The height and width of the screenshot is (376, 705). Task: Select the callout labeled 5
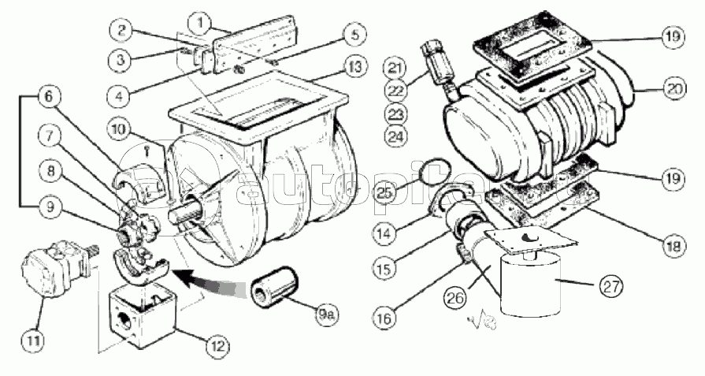(x=354, y=35)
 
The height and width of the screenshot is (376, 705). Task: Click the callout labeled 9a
(x=327, y=315)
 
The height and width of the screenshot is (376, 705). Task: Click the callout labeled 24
(x=396, y=136)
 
